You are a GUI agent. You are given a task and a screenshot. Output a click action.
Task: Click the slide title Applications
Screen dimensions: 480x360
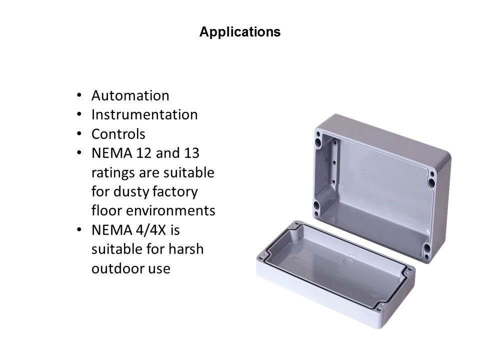click(240, 32)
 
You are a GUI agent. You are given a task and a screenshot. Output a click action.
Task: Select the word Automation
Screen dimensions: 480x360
click(130, 96)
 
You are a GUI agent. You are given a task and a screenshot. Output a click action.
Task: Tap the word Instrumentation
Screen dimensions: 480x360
click(144, 115)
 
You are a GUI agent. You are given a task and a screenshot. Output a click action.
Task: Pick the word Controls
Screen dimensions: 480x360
click(118, 134)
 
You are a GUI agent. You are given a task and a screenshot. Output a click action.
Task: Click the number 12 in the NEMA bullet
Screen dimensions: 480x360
click(143, 153)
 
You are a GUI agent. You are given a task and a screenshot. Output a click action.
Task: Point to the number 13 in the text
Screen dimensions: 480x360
click(191, 153)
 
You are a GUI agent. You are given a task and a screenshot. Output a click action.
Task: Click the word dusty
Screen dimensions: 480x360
click(131, 192)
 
